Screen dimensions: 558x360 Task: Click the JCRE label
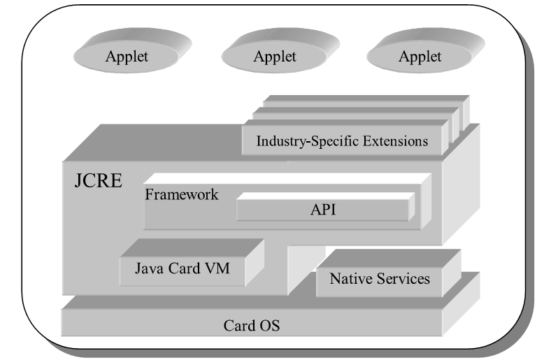click(98, 181)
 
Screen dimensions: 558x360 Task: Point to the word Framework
click(182, 194)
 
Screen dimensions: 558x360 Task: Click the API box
click(322, 210)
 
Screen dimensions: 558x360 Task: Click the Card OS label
click(252, 326)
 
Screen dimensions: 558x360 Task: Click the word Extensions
click(395, 141)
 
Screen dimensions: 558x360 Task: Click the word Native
click(351, 278)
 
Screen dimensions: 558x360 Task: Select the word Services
click(403, 278)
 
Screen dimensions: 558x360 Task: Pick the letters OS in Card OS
click(269, 326)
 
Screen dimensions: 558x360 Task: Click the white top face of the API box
click(326, 196)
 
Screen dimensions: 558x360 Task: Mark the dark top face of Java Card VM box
click(192, 248)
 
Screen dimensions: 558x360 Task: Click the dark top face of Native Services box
click(389, 258)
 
